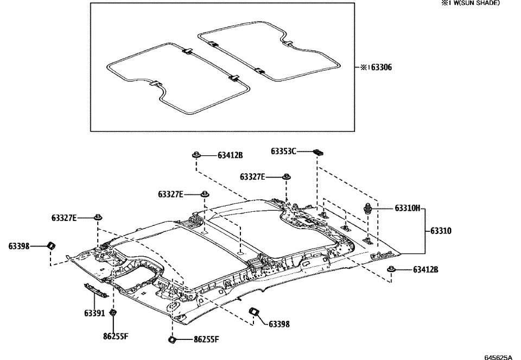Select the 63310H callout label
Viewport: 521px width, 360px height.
click(x=407, y=208)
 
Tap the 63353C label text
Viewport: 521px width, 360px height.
click(x=283, y=151)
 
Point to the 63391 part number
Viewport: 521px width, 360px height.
click(x=94, y=313)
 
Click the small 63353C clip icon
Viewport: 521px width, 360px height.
click(x=319, y=152)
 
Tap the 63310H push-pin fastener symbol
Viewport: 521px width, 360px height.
click(x=368, y=207)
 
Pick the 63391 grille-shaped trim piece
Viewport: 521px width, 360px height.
click(x=96, y=290)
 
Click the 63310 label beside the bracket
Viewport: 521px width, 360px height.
click(x=441, y=231)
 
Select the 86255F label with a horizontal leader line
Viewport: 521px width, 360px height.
click(x=206, y=340)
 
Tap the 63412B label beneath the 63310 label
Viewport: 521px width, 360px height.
click(x=425, y=269)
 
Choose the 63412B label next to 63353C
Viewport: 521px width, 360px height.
click(x=230, y=155)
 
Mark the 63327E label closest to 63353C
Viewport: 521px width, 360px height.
click(x=252, y=176)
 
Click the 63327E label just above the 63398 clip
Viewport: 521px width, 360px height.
click(x=64, y=218)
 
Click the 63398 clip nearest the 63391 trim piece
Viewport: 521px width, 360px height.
click(x=50, y=245)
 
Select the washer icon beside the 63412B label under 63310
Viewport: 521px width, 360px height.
click(x=390, y=269)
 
